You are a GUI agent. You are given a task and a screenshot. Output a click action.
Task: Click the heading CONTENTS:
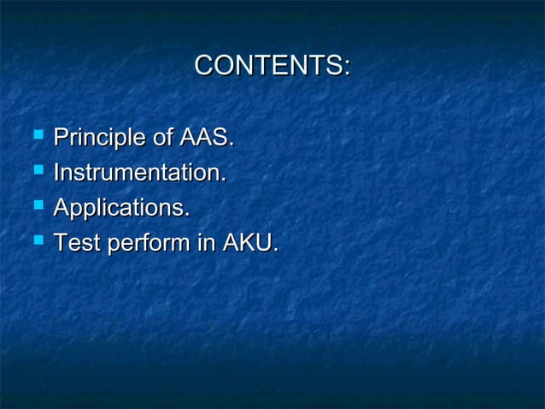coord(272,66)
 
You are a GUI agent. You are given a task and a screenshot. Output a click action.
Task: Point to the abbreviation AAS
coord(206,138)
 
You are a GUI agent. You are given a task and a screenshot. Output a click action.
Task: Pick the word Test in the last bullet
coord(75,244)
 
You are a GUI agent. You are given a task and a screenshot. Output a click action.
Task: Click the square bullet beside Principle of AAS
coord(36,136)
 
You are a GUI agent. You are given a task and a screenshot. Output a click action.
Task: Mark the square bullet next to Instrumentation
coord(36,171)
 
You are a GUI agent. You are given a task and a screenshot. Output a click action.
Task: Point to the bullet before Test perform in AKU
coord(36,242)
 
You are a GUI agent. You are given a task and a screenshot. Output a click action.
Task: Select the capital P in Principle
coord(61,138)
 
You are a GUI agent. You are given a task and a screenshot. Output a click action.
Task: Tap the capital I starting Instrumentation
coord(56,173)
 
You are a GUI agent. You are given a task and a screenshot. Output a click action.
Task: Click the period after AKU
coord(275,251)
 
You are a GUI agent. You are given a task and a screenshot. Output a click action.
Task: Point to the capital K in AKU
coord(247,244)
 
